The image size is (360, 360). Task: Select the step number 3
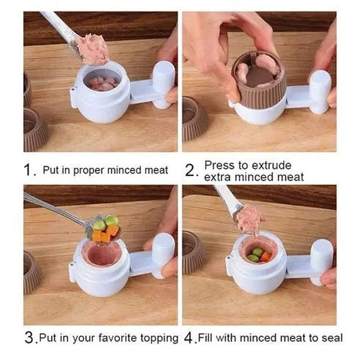(x=29, y=338)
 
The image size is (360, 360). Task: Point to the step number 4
(x=190, y=338)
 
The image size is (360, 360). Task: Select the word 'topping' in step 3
(x=158, y=338)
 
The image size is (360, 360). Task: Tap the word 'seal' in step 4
(x=332, y=338)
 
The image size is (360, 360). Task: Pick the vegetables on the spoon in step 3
(x=104, y=229)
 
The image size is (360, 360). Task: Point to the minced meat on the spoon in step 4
(x=250, y=218)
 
